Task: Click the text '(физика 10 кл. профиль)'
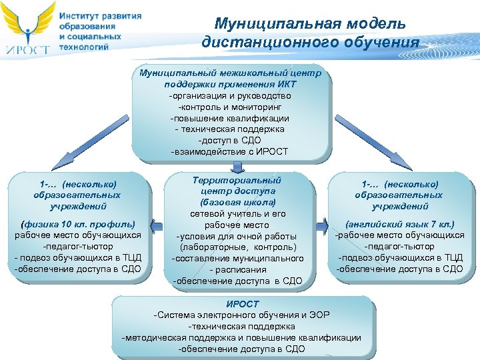(x=78, y=223)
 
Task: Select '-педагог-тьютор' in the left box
(x=78, y=247)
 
